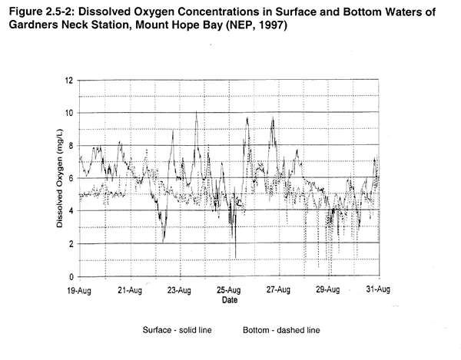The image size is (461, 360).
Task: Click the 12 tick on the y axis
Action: click(x=70, y=80)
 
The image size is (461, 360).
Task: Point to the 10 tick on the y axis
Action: click(x=70, y=113)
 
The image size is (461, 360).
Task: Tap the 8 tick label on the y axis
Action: click(x=71, y=146)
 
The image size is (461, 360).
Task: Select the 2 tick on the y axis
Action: click(x=71, y=243)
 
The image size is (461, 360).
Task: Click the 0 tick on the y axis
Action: click(x=71, y=276)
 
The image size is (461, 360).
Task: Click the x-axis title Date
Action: click(x=228, y=300)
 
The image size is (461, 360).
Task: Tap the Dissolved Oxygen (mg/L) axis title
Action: click(x=59, y=178)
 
